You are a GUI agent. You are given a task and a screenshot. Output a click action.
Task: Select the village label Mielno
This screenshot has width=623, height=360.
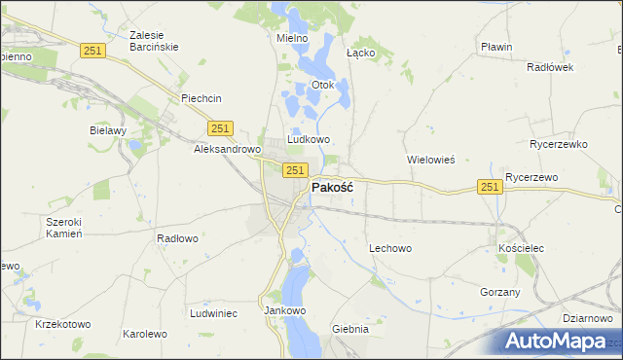pos(292,38)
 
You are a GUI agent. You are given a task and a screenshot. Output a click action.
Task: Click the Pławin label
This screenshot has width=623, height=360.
pos(496,47)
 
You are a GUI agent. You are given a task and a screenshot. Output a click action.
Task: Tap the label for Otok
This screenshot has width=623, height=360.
pos(322,85)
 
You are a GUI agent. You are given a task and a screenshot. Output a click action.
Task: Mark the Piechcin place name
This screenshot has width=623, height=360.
pos(202,98)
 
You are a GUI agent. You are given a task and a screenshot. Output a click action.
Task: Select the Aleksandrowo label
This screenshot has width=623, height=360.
pos(227,150)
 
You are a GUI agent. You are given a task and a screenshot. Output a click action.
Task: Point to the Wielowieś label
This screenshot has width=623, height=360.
pos(431,159)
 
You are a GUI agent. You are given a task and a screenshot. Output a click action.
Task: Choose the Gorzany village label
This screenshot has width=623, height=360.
pos(500,292)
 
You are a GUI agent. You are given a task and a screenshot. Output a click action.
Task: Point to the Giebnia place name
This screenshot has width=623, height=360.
pos(350,329)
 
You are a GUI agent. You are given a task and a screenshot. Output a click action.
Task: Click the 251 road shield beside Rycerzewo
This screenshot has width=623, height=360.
pos(490,187)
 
